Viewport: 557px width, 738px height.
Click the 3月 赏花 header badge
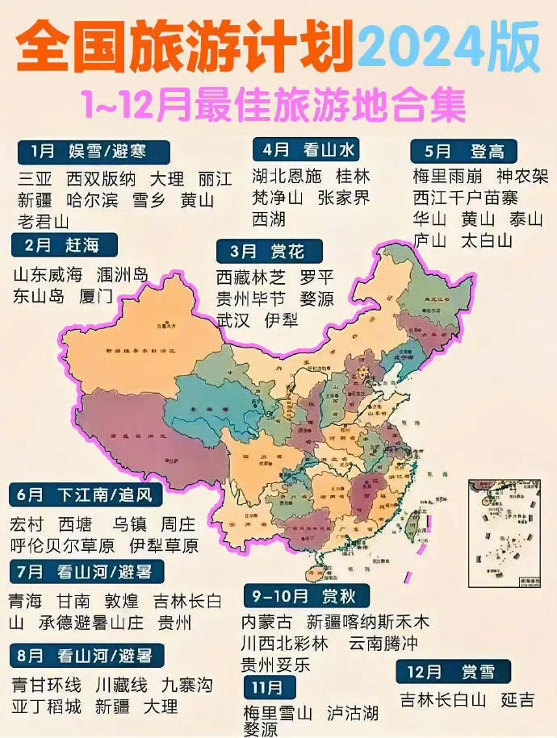point(269,251)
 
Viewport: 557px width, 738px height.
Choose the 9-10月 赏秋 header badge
point(298,597)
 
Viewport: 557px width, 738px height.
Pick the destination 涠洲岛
point(122,275)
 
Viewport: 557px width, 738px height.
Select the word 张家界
point(344,198)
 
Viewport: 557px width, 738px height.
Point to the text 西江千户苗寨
point(466,198)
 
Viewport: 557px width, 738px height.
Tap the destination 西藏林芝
point(250,278)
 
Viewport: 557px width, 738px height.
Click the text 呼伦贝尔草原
point(63,545)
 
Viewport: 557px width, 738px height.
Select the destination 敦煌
point(121,601)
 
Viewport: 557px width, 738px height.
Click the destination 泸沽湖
point(353,713)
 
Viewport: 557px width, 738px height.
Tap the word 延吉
point(517,699)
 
